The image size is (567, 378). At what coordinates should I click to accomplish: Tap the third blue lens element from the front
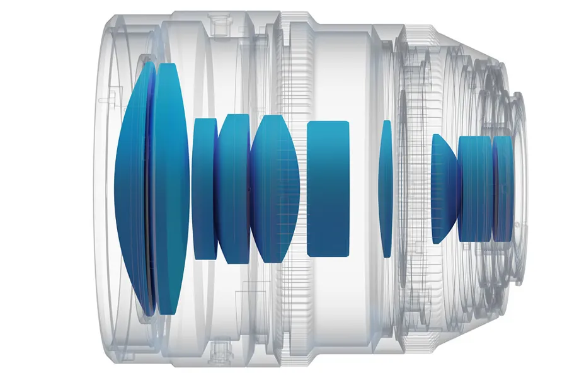pyautogui.click(x=205, y=189)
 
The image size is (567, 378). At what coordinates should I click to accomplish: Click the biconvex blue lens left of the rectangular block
pyautogui.click(x=275, y=189)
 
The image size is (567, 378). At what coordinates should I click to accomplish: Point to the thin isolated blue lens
pyautogui.click(x=386, y=189)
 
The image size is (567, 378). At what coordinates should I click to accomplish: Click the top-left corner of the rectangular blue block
pyautogui.click(x=309, y=122)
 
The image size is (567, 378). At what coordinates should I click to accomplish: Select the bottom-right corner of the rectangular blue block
pyautogui.click(x=348, y=255)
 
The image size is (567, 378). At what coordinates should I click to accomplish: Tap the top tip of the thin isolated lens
pyautogui.click(x=387, y=121)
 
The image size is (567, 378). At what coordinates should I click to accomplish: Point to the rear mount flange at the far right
pyautogui.click(x=518, y=189)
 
